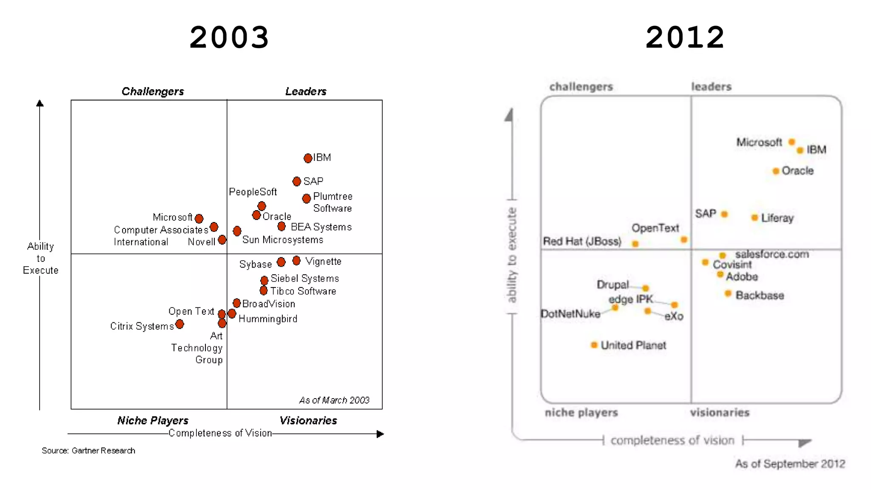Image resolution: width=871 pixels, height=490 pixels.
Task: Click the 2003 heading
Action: click(x=229, y=37)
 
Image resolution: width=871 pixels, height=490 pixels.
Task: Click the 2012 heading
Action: click(x=685, y=37)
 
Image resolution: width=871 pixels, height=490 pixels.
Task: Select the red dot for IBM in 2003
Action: click(x=308, y=158)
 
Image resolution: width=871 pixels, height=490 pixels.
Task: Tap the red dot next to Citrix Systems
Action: click(x=179, y=325)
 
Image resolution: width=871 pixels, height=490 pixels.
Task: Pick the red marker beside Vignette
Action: click(x=296, y=260)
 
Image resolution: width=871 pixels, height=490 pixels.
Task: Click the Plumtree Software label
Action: click(x=333, y=202)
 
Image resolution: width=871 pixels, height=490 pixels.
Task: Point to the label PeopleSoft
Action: click(x=253, y=192)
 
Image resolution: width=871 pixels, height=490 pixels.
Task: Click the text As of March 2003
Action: click(x=334, y=400)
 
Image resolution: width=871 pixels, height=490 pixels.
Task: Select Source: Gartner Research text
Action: click(x=88, y=450)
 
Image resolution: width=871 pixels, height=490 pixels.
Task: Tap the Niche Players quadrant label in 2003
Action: click(x=153, y=421)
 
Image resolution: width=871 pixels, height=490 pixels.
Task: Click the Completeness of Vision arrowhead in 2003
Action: click(x=380, y=434)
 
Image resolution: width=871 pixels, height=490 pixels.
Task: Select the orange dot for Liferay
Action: click(x=754, y=218)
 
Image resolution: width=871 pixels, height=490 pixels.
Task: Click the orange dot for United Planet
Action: click(x=594, y=345)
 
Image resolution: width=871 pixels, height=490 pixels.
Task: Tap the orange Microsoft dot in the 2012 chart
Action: click(x=791, y=142)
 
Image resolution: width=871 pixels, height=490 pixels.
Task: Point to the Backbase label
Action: click(x=760, y=295)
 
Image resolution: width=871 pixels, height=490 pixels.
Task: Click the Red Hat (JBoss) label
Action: click(x=582, y=242)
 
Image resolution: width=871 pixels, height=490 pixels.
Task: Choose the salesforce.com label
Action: click(x=772, y=254)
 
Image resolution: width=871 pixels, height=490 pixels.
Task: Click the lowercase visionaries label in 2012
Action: click(x=720, y=412)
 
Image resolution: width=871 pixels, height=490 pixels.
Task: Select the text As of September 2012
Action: click(x=790, y=464)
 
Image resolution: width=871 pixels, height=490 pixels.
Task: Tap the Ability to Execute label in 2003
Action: click(x=40, y=258)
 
